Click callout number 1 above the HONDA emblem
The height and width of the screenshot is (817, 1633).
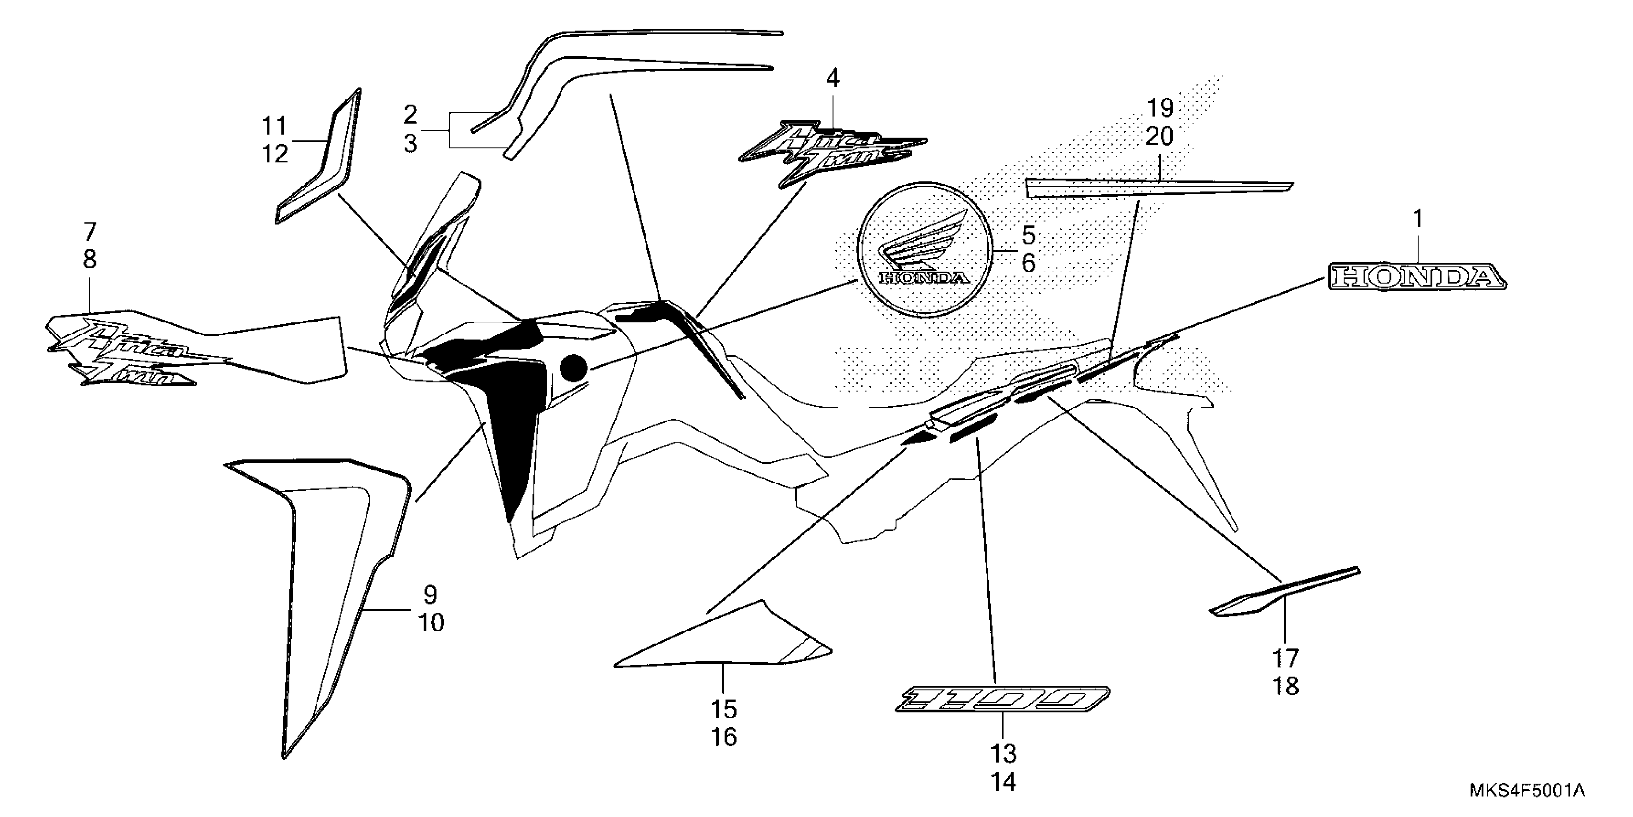tap(1417, 220)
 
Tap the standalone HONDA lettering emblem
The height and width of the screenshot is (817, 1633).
tap(1417, 277)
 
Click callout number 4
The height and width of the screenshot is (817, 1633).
tap(832, 79)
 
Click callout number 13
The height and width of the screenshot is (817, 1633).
tap(1003, 754)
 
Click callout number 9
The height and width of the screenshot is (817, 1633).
tap(430, 595)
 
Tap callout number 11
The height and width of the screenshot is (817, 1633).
tap(275, 126)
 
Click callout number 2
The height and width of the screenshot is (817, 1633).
tap(411, 115)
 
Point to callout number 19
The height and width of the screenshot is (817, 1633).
tap(1160, 109)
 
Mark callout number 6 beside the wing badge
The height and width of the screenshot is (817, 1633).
tap(1028, 262)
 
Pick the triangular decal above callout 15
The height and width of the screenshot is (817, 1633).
tap(729, 641)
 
